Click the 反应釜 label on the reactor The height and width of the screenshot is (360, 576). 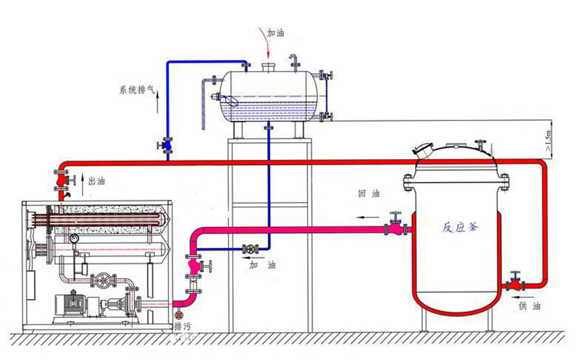click(x=460, y=227)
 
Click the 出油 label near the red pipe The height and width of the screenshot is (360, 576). click(x=96, y=181)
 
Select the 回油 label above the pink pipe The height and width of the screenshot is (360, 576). click(x=369, y=194)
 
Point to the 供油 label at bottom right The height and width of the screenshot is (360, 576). click(x=530, y=306)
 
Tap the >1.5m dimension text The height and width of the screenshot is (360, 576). click(x=548, y=141)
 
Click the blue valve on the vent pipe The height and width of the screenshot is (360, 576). click(x=167, y=145)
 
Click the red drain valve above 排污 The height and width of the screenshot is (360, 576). click(x=179, y=315)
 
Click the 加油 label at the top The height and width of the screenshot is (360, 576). click(x=276, y=32)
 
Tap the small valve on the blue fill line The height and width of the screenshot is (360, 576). click(x=250, y=249)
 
